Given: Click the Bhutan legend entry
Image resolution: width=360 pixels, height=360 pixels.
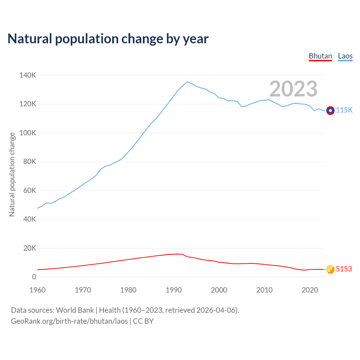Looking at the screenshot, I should coord(320,56).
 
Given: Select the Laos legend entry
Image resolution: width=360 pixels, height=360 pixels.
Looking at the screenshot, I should coord(345,56).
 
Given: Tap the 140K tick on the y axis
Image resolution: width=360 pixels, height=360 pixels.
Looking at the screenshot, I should coord(28,75).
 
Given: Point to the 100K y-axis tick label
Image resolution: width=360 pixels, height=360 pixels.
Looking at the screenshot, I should coord(28,133).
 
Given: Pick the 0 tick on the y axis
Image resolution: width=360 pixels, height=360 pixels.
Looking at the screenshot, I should coord(34,277).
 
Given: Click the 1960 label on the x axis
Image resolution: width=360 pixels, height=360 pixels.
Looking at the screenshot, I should coord(37,290).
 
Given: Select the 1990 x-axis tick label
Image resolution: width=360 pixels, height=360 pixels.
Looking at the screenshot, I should coord(174,290).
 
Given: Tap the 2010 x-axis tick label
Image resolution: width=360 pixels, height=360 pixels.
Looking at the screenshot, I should coord(264,290).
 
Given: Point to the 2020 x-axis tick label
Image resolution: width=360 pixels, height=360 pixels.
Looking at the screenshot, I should coord(310,290).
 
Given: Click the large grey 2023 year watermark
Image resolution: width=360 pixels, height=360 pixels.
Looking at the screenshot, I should coord(293,89).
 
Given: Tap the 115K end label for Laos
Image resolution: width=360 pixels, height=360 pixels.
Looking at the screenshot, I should coord(344,110).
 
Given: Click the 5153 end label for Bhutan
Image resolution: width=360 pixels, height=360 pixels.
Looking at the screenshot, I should coord(344,269).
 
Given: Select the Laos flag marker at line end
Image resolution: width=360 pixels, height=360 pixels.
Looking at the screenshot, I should coord(330,111).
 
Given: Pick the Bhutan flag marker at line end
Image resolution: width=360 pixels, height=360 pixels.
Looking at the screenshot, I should coord(330,269).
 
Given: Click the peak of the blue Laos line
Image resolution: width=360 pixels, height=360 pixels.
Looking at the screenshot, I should coord(187,82).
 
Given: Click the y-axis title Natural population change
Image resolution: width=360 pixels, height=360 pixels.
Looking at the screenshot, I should coord(12,174).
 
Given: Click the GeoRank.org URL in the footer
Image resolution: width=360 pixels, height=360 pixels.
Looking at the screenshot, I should coord(69,321).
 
